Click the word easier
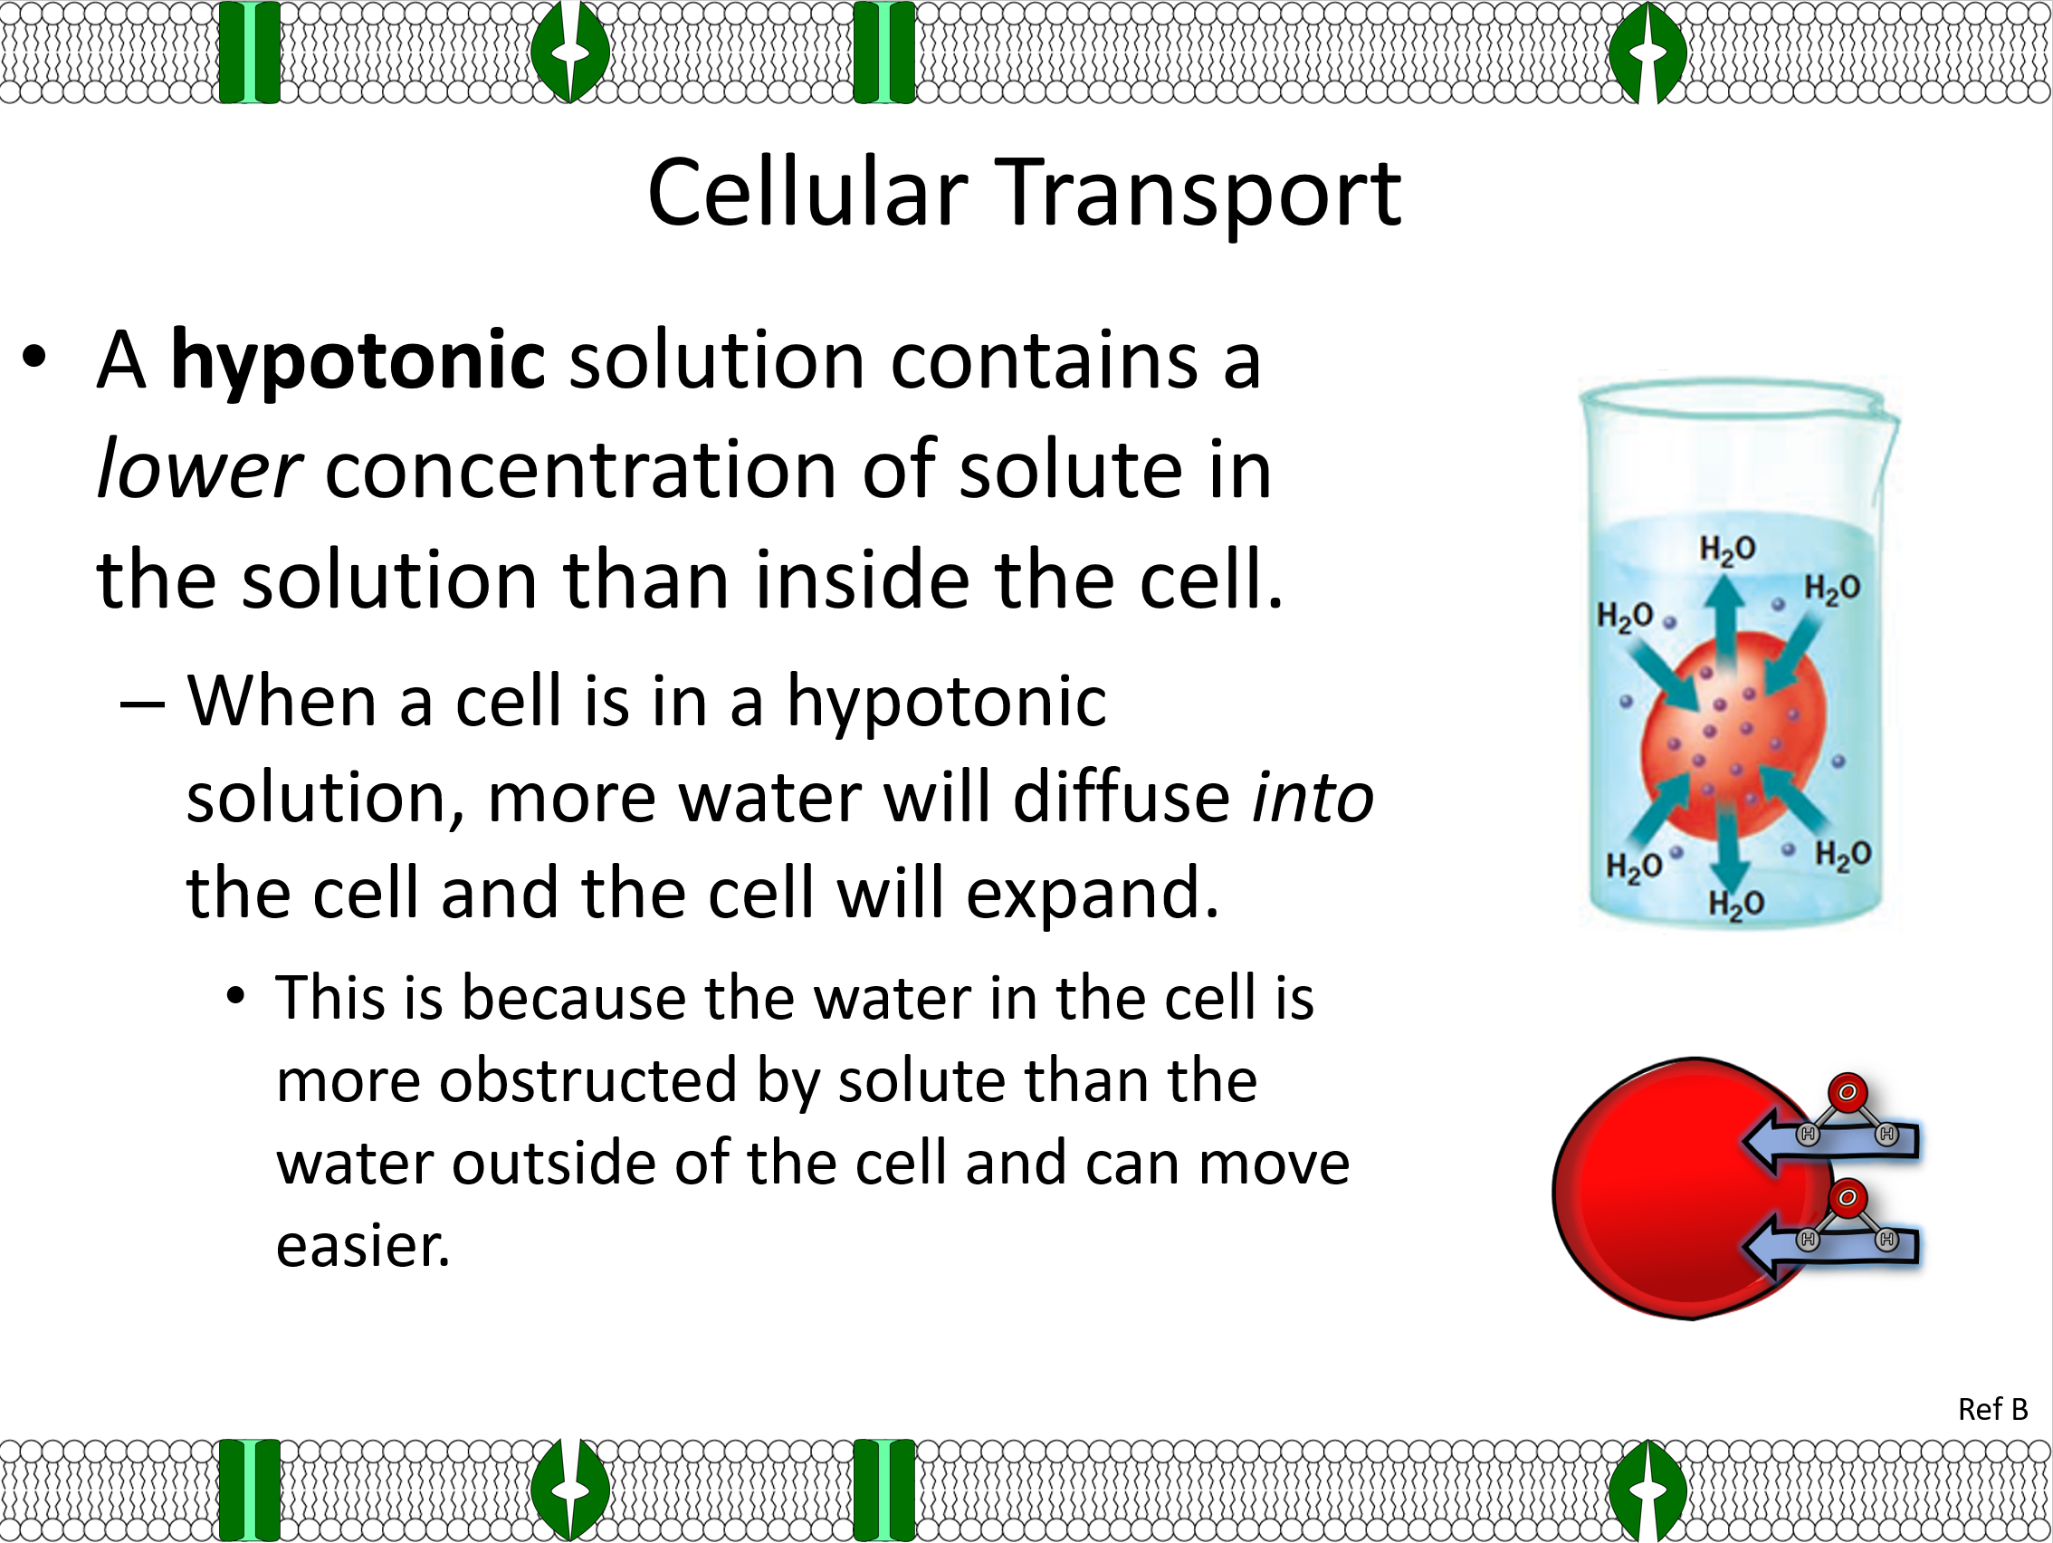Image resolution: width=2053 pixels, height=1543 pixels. pos(363,1247)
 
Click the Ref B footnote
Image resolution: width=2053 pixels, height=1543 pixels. pos(1992,1409)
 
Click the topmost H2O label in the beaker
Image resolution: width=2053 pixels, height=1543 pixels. pos(1727,550)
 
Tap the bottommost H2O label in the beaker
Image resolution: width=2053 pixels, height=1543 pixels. pos(1735,904)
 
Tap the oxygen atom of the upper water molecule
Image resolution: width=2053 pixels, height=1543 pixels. pos(1847,1092)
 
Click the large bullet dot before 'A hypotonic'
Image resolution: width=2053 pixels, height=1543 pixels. pos(34,357)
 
